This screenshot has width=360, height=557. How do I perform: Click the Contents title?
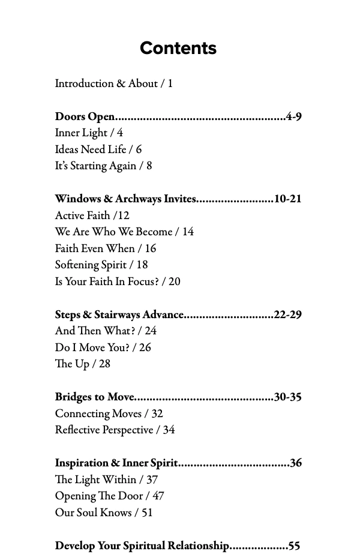pyautogui.click(x=178, y=48)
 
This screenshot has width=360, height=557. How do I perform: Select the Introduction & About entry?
pyautogui.click(x=113, y=83)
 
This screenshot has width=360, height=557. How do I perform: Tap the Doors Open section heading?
pyautogui.click(x=85, y=116)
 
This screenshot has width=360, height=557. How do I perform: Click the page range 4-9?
pyautogui.click(x=293, y=116)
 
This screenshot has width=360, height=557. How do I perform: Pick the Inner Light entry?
pyautogui.click(x=89, y=133)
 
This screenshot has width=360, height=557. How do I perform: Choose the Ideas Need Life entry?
pyautogui.click(x=98, y=149)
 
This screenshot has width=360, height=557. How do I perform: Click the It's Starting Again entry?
pyautogui.click(x=103, y=166)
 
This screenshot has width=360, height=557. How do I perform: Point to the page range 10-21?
pyautogui.click(x=287, y=199)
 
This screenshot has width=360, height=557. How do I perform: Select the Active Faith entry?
pyautogui.click(x=92, y=215)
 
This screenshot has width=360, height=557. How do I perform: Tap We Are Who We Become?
pyautogui.click(x=124, y=232)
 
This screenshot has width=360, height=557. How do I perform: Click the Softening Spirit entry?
pyautogui.click(x=101, y=265)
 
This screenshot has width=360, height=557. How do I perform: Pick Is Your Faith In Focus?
pyautogui.click(x=117, y=281)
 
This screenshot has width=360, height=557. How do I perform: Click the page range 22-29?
pyautogui.click(x=287, y=314)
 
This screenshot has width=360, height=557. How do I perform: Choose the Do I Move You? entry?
pyautogui.click(x=103, y=347)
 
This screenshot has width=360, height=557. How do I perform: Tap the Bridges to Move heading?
pyautogui.click(x=95, y=397)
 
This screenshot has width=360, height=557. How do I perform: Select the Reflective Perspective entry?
pyautogui.click(x=115, y=430)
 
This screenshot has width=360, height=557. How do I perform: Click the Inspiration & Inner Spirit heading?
pyautogui.click(x=116, y=463)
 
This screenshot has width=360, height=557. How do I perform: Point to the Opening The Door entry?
pyautogui.click(x=109, y=496)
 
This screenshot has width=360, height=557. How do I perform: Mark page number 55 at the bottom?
pyautogui.click(x=294, y=546)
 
